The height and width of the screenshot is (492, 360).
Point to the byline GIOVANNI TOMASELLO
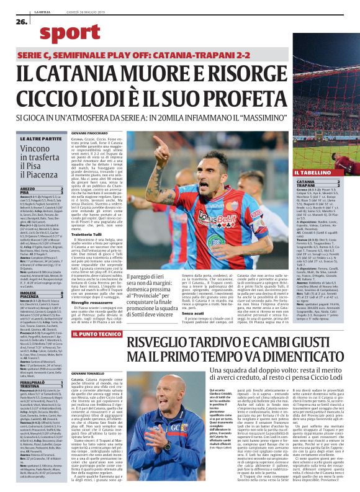(94, 395)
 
